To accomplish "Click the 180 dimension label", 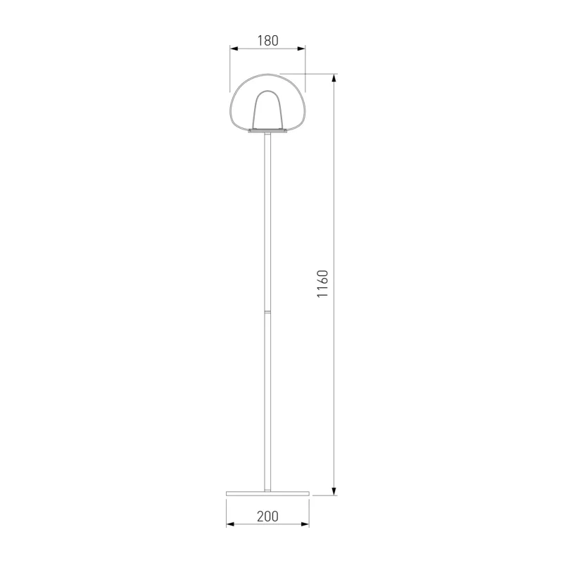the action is [x=268, y=41].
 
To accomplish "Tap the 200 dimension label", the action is [x=268, y=517].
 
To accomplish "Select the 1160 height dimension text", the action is [x=323, y=284].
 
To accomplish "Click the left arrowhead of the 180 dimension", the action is [x=234, y=49].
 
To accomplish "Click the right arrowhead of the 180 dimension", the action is [x=301, y=49].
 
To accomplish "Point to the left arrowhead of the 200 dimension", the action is [x=231, y=524].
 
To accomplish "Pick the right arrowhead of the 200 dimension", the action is [x=305, y=524].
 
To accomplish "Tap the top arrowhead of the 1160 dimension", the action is [x=334, y=78].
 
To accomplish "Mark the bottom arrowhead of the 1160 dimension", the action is [x=334, y=491].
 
